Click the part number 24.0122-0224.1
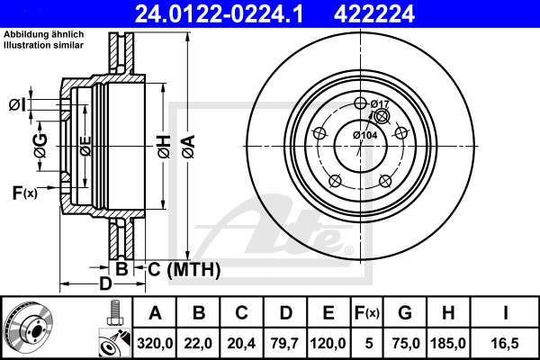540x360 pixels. (219, 13)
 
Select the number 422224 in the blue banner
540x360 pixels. (374, 13)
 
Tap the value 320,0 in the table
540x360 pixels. (155, 344)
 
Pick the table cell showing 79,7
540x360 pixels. (284, 344)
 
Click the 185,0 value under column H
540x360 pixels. (448, 344)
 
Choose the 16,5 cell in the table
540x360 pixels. (505, 344)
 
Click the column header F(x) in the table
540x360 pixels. (367, 313)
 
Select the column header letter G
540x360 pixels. (405, 313)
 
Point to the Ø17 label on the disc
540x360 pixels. (380, 103)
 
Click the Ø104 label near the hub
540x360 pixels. (365, 135)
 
